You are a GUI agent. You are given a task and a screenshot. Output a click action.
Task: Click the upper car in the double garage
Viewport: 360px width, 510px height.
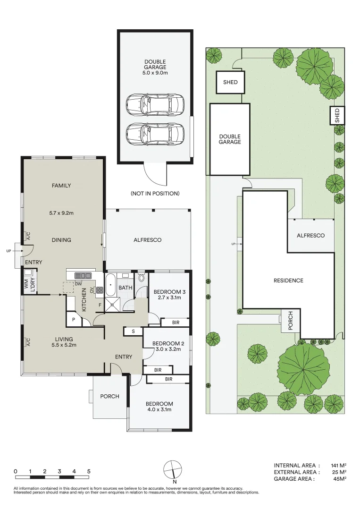pyautogui.click(x=155, y=104)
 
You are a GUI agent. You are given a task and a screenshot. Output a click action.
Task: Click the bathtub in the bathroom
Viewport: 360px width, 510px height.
pyautogui.click(x=110, y=287)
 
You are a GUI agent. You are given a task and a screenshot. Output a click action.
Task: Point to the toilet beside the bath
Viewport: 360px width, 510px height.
pyautogui.click(x=142, y=280)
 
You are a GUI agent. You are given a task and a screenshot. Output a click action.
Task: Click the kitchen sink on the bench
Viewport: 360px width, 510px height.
pyautogui.click(x=83, y=275)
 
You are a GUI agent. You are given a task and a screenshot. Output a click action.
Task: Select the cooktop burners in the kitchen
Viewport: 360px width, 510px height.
pyautogui.click(x=100, y=290)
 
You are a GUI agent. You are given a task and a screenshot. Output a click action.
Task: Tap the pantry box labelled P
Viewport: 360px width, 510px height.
pyautogui.click(x=74, y=320)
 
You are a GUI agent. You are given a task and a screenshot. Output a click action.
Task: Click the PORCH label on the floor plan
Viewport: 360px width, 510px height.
pyautogui.click(x=110, y=396)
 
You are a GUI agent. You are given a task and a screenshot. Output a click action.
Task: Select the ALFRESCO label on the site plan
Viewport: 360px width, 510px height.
pyautogui.click(x=310, y=235)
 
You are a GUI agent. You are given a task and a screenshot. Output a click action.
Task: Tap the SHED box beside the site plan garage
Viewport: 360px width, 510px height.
pyautogui.click(x=231, y=82)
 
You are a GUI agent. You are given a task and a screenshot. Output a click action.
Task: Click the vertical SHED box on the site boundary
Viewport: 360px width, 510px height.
pyautogui.click(x=336, y=116)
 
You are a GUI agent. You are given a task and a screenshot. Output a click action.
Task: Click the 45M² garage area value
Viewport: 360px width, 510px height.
pyautogui.click(x=339, y=479)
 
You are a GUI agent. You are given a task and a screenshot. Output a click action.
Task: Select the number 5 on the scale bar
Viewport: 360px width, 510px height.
pyautogui.click(x=89, y=471)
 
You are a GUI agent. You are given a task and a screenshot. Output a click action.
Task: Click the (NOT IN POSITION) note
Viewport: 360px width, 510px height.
pyautogui.click(x=155, y=194)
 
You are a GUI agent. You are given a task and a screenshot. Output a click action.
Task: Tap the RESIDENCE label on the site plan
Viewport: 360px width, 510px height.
pyautogui.click(x=288, y=280)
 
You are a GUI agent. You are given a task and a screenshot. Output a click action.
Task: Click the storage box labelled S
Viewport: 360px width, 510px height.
pyautogui.click(x=133, y=331)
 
